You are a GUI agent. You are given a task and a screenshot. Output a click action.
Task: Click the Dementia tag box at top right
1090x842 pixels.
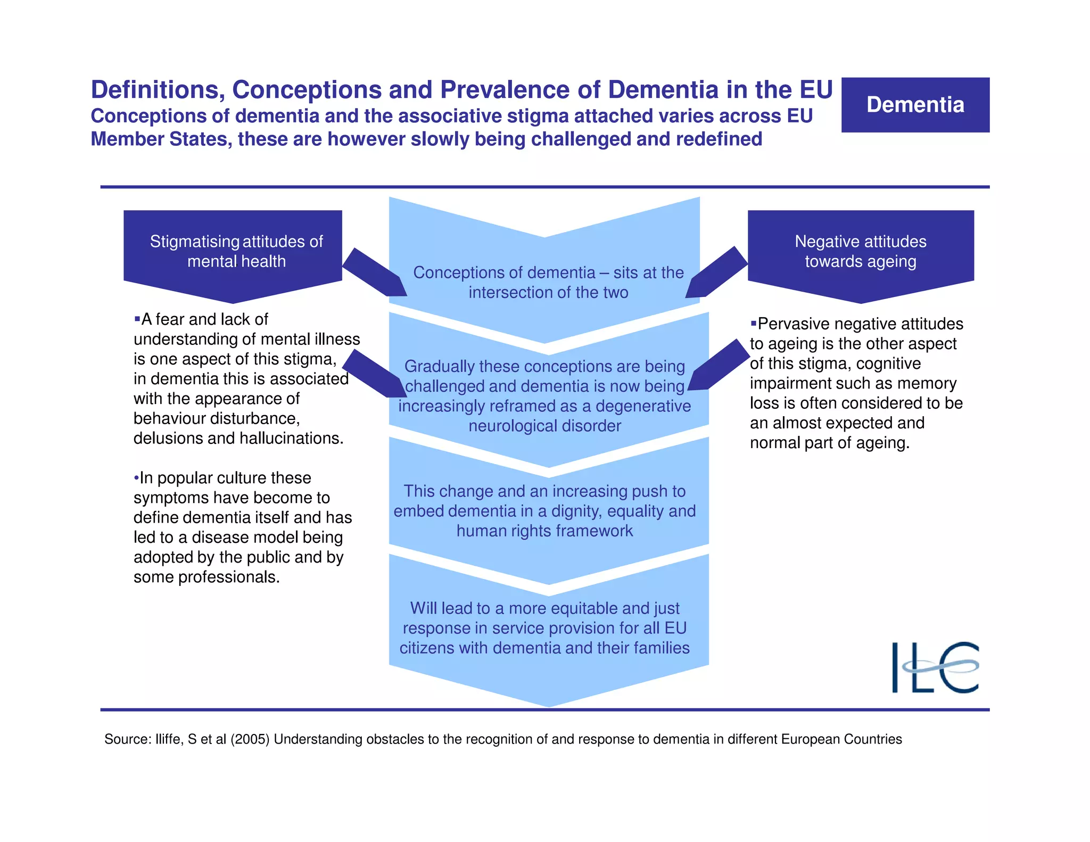point(915,105)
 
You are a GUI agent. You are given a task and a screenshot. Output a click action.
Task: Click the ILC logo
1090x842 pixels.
point(935,667)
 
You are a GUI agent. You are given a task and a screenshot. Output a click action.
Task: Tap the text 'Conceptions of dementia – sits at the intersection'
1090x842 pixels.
point(548,282)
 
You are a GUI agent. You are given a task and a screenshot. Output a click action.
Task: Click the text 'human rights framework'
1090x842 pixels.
point(544,531)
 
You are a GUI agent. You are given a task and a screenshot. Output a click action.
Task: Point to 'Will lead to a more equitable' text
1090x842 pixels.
point(544,608)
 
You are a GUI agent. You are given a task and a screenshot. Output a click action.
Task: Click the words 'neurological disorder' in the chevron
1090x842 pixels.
point(544,426)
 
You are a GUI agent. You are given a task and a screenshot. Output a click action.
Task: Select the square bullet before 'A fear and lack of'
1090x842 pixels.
point(137,319)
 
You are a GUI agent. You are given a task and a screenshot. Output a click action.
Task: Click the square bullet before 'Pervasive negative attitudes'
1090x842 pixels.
point(753,323)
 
